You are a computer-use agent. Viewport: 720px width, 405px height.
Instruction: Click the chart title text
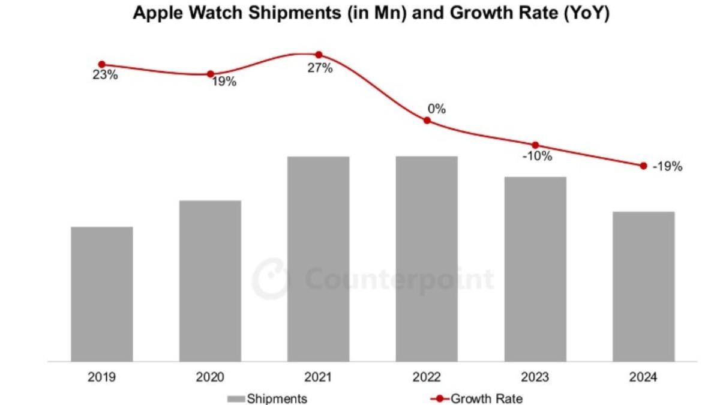coord(371,13)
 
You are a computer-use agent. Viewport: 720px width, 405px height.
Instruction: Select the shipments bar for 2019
coord(101,294)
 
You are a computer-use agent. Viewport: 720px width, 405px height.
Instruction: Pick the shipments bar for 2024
coord(643,287)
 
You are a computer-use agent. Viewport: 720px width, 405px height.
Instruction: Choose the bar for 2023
coord(535,269)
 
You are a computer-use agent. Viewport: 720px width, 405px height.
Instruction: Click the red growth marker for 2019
coord(101,64)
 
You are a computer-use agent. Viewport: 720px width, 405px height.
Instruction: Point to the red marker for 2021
coord(319,55)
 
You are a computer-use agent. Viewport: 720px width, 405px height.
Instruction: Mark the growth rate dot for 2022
coord(427,121)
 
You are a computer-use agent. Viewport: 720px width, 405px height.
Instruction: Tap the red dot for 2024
coord(643,166)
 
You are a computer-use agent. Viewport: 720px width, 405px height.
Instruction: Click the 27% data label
coord(320,68)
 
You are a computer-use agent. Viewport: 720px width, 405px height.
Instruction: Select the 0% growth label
coord(436,109)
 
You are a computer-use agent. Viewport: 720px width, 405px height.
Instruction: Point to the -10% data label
coord(537,157)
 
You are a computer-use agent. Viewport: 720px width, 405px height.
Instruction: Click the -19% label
coord(667,167)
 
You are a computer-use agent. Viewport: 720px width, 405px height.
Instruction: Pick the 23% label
coord(104,76)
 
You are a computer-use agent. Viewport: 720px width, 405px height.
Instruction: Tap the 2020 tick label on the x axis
coord(210,377)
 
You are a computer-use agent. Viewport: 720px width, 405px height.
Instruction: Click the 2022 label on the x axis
coord(427,377)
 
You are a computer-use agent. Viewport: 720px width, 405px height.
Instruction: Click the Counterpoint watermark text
coord(399,280)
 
